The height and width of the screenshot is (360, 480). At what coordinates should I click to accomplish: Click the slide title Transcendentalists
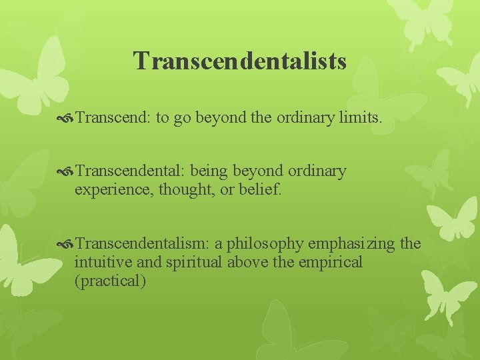click(240, 61)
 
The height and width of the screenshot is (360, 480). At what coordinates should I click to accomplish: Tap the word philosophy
click(266, 244)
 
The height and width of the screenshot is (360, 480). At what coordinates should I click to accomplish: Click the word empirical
click(331, 262)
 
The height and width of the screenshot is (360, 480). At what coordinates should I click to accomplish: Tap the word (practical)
click(111, 281)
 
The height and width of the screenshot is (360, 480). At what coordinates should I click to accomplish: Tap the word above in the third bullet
click(249, 262)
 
